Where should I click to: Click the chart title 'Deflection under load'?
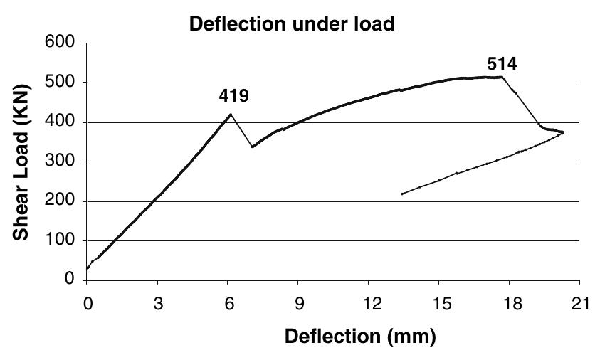click(x=292, y=24)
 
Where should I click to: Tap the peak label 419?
click(x=233, y=95)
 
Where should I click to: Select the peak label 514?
click(x=502, y=64)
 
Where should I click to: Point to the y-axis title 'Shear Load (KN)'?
click(x=21, y=162)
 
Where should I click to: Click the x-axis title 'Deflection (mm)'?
click(x=361, y=337)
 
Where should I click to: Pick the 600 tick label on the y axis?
click(x=60, y=41)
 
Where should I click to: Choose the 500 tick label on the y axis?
click(x=60, y=82)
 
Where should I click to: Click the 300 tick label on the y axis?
click(x=60, y=161)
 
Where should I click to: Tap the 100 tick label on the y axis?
click(x=60, y=240)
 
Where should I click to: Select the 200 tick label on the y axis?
click(x=60, y=201)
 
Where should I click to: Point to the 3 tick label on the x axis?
click(x=158, y=304)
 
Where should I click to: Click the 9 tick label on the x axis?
click(x=299, y=304)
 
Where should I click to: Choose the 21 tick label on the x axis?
click(x=581, y=304)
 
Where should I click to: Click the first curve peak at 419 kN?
click(x=231, y=114)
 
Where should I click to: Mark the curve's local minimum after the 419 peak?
click(x=253, y=147)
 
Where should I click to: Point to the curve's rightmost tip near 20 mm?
click(x=564, y=132)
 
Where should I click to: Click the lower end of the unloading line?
click(x=402, y=194)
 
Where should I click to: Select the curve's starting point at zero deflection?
click(x=88, y=268)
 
